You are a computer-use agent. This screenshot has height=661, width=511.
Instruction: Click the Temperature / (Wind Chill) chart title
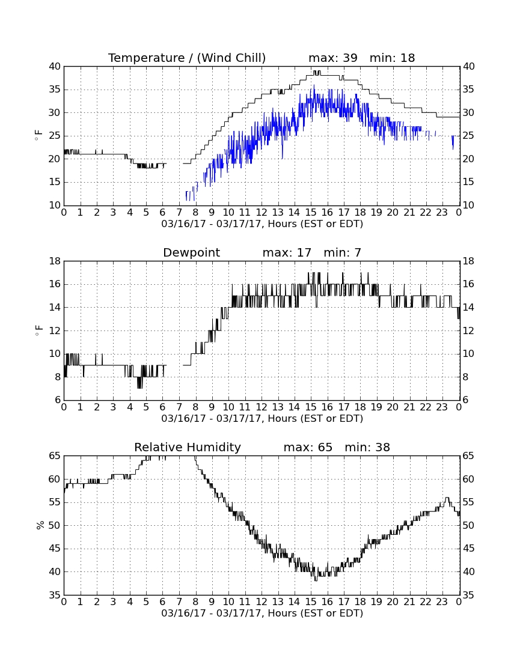pos(187,58)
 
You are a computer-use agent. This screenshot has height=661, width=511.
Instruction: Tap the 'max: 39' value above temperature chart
pos(333,58)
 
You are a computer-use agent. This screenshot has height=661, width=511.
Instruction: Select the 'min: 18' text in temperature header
pos(392,58)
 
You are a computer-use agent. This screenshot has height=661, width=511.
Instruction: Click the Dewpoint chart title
pos(191,252)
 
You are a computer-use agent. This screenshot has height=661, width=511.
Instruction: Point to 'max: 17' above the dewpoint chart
pos(287,252)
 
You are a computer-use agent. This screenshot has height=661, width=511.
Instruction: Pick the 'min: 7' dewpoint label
pos(342,252)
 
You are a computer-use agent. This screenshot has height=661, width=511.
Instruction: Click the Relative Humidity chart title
pos(187,447)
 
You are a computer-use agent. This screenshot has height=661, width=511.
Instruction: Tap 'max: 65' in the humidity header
pos(308,447)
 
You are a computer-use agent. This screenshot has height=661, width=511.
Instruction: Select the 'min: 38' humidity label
pos(367,447)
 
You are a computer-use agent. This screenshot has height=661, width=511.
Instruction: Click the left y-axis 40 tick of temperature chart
pos(55,67)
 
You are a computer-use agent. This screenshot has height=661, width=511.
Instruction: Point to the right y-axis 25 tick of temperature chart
pos(469,136)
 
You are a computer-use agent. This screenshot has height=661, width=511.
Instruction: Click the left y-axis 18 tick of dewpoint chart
pos(55,261)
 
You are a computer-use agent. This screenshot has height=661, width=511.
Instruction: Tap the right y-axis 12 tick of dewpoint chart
pos(469,331)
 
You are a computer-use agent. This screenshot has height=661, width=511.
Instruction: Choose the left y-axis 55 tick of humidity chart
pos(55,502)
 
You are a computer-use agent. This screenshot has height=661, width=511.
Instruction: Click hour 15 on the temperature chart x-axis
pos(311,213)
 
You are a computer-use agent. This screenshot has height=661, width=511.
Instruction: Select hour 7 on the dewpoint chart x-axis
pos(179,407)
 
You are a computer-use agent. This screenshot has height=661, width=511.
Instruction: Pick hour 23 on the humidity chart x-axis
pos(442,602)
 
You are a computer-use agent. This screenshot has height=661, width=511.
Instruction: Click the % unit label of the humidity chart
pos(40,525)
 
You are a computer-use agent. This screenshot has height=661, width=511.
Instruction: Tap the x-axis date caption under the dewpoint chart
pos(262,419)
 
